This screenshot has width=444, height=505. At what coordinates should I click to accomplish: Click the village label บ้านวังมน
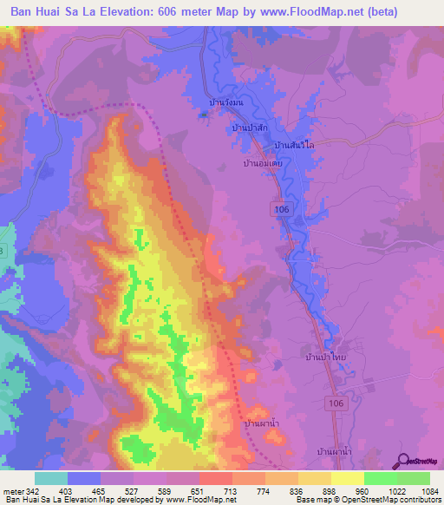coord(227,102)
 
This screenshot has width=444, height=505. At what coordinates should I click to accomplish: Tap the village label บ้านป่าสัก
coord(249,128)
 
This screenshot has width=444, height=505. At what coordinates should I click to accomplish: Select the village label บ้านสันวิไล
coord(293,145)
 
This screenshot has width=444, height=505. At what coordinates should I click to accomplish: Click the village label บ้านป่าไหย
coord(327,357)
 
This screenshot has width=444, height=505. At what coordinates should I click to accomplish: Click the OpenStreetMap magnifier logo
coord(405,462)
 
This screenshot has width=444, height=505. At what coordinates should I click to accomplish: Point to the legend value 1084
coord(428,490)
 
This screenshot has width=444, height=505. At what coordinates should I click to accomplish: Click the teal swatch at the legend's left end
coord(51,478)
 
